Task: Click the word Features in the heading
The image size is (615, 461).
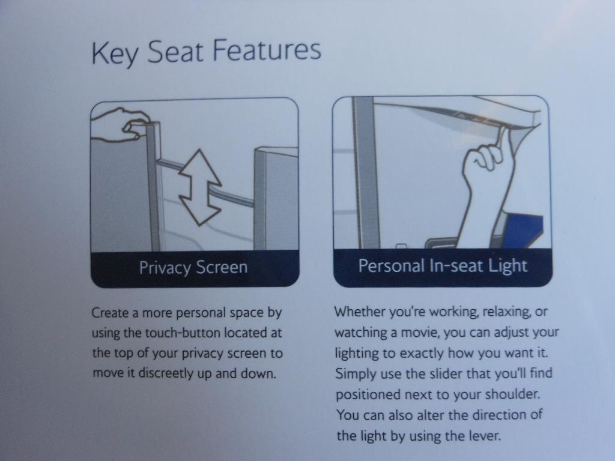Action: coord(267,50)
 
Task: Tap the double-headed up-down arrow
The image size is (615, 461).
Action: coord(200,187)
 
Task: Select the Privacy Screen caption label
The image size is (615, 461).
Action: coord(193,267)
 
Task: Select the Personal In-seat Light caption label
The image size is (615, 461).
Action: coord(443,266)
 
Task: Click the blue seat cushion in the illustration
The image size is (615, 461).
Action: coord(522,231)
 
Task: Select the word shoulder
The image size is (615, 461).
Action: coord(512,394)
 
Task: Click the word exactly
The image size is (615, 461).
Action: coord(421,353)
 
